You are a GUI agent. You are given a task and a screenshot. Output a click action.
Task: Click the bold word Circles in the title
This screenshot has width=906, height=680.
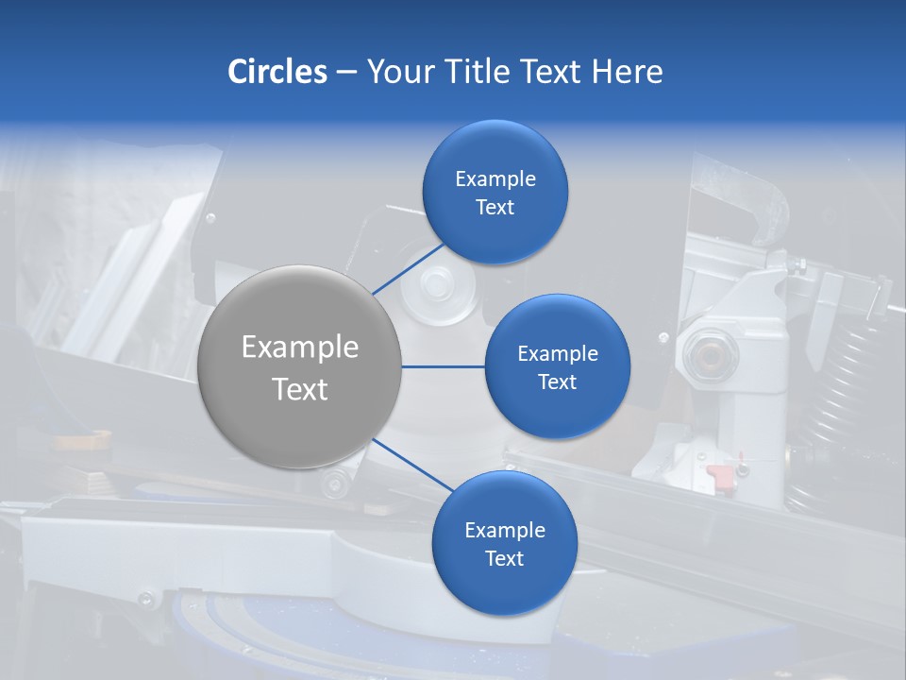coord(277,72)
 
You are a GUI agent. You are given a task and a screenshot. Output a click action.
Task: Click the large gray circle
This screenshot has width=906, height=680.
coord(299,366)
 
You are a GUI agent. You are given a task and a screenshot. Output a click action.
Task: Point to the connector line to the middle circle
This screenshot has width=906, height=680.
coord(444,366)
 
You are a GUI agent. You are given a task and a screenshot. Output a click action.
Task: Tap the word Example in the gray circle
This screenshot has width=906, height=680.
coord(299,348)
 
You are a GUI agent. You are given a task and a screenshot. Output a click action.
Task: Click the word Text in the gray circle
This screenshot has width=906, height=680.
coord(299,389)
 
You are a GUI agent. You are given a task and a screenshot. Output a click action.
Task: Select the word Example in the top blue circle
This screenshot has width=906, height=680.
coord(495,178)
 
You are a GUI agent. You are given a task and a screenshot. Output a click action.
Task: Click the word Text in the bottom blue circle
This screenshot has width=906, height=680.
coord(504,558)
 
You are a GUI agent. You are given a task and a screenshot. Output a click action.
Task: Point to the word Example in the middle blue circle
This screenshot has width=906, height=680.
coord(557,353)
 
